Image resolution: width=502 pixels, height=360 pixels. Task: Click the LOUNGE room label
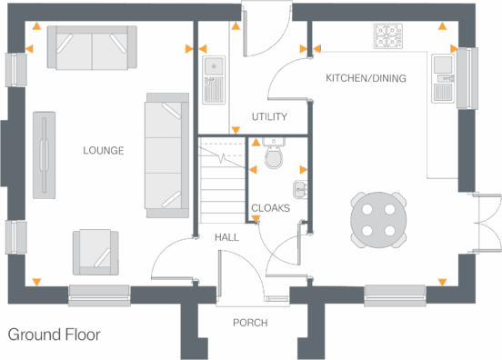103,150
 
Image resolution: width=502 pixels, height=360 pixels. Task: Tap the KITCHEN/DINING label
366,79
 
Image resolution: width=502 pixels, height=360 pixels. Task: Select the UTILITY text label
269,117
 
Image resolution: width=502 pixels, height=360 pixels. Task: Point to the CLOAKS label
270,208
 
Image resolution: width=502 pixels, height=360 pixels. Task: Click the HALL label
226,237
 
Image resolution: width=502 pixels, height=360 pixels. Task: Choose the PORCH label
249,323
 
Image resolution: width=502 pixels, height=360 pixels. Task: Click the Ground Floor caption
55,335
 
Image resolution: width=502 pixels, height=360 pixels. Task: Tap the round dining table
378,219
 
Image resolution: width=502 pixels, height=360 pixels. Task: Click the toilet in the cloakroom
273,158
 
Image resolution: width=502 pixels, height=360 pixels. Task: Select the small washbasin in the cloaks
300,189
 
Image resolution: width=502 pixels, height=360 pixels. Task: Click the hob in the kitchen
388,36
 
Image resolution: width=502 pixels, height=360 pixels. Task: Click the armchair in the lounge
95,251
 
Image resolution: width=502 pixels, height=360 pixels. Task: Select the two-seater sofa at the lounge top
91,47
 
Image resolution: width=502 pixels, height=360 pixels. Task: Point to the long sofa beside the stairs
166,154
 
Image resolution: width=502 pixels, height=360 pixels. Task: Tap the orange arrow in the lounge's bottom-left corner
36,280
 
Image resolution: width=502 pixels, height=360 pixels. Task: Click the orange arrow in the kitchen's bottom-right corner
443,280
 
